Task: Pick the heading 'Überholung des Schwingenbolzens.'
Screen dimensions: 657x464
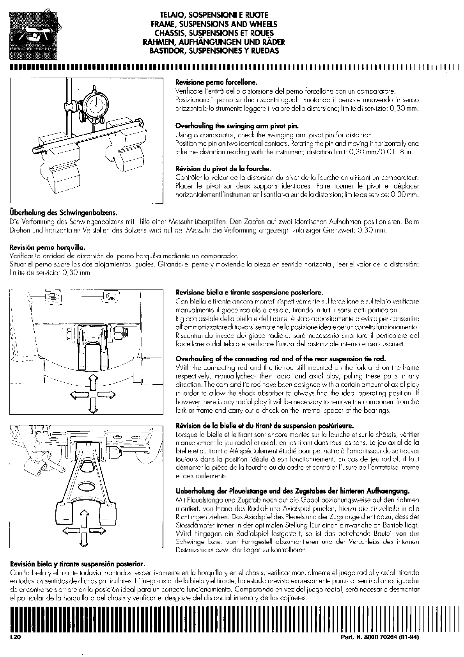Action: [63, 213]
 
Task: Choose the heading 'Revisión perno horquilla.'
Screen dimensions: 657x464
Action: [47, 247]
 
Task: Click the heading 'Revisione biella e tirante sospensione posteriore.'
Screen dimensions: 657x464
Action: [250, 292]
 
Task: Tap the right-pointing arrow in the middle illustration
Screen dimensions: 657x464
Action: [107, 395]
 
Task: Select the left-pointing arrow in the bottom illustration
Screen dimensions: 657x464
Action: [70, 530]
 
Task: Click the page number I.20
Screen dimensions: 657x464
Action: [16, 637]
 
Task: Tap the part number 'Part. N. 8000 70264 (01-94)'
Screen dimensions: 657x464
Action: [380, 637]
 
